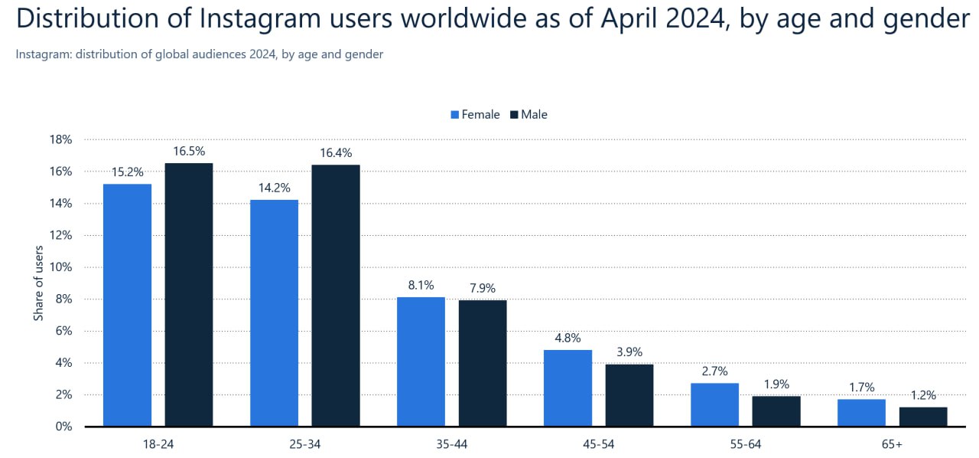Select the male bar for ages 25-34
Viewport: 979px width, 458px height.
(335, 296)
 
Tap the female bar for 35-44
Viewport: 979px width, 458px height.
(421, 361)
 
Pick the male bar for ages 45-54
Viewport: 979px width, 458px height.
(629, 395)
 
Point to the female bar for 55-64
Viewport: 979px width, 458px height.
(714, 404)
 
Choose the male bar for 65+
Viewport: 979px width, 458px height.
(923, 417)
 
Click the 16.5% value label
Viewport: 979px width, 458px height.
(189, 152)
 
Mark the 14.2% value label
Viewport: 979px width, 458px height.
(274, 188)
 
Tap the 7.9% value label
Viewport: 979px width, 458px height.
(483, 289)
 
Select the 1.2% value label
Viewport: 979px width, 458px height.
(923, 395)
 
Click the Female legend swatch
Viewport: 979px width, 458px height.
(454, 115)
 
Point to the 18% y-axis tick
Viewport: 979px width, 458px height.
(61, 140)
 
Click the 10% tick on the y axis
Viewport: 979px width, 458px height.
(61, 267)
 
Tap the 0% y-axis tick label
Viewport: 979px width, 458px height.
(63, 427)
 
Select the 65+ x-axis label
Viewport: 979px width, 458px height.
(892, 444)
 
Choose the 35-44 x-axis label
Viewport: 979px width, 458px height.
(451, 444)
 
